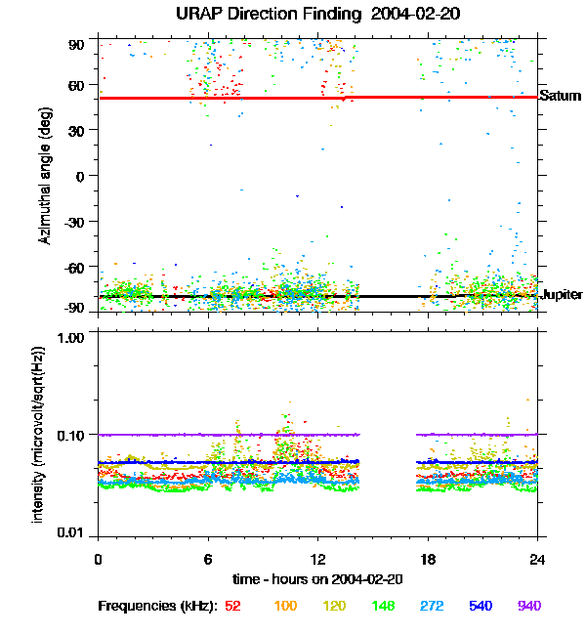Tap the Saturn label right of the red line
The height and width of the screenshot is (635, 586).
point(561,97)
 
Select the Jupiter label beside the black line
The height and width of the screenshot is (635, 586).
point(562,294)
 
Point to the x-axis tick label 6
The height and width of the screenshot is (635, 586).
point(207,559)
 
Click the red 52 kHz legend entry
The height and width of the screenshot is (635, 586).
point(232,606)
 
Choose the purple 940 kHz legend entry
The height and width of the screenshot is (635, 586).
point(528,606)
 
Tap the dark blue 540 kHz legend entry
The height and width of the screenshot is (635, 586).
point(479,606)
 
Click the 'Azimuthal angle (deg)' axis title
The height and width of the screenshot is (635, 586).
point(46,177)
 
